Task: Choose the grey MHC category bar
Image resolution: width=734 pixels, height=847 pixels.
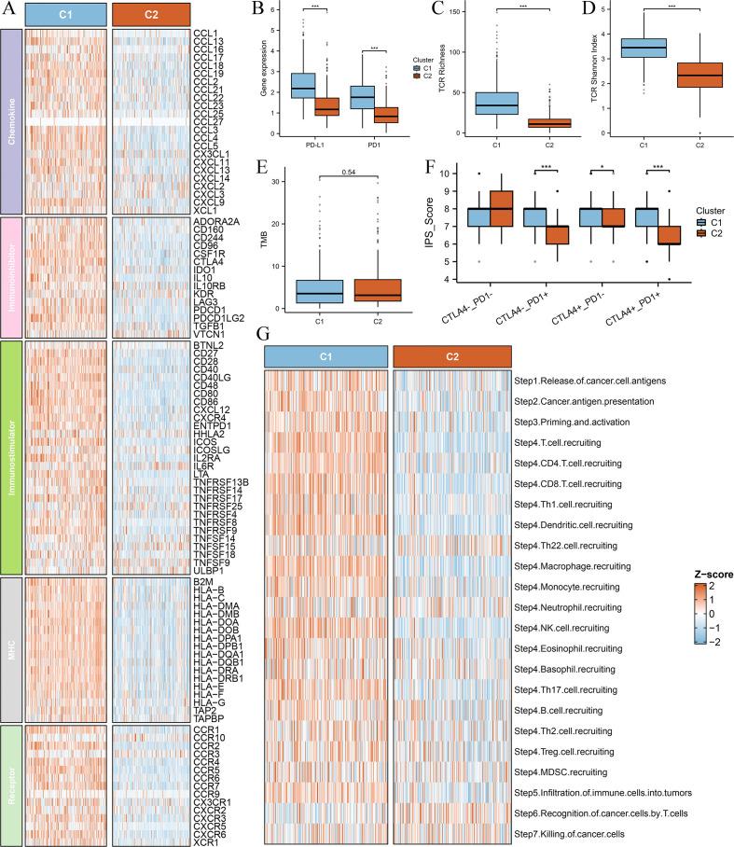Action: click(10, 646)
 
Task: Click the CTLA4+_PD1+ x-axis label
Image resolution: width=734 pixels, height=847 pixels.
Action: click(634, 308)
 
